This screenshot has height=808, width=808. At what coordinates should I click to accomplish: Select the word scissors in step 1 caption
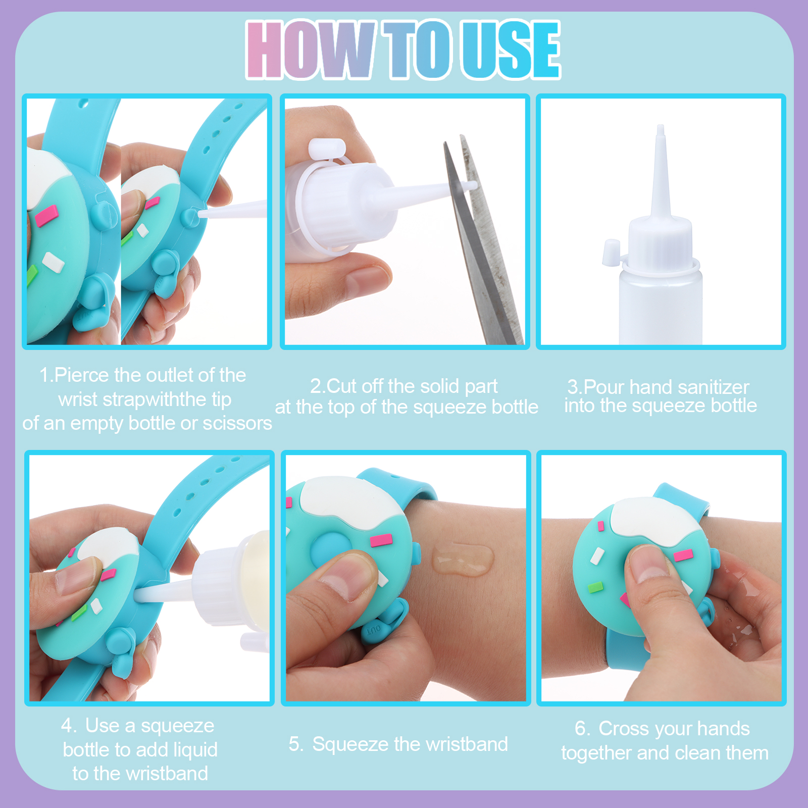tap(237, 423)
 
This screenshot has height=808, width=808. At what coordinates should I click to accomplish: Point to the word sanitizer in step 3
tap(714, 387)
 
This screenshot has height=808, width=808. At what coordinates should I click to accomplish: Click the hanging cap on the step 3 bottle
tap(611, 252)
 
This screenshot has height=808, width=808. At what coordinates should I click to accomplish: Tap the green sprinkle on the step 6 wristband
tap(596, 587)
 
